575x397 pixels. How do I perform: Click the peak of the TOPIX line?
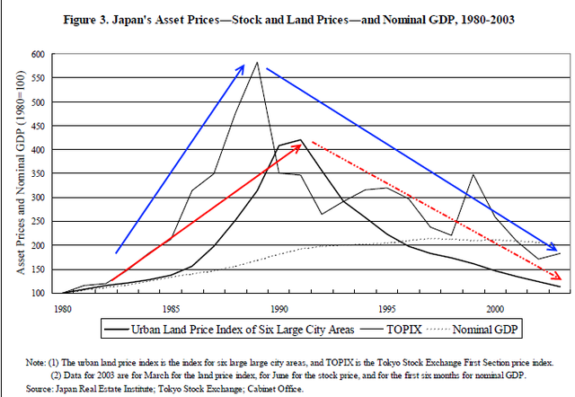tap(258, 63)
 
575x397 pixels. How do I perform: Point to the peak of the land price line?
tap(300, 141)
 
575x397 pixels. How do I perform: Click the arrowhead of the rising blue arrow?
tap(243, 66)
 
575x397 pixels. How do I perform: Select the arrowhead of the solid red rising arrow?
tap(297, 146)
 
